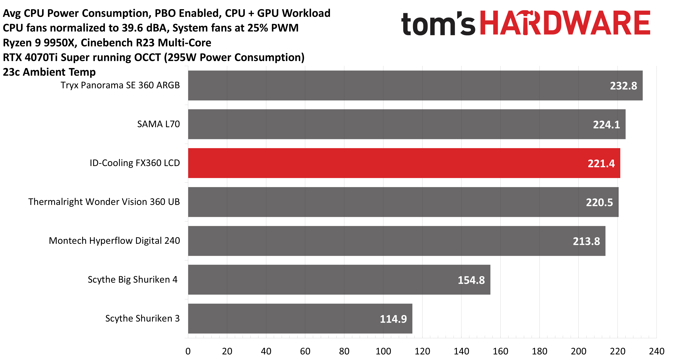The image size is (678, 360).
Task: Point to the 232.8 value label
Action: tap(623, 86)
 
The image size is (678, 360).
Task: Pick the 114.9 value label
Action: tap(393, 319)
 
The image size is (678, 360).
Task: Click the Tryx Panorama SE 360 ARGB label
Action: tap(120, 85)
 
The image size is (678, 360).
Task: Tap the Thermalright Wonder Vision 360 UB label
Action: tap(104, 202)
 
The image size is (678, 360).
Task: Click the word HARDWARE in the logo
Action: tap(565, 23)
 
